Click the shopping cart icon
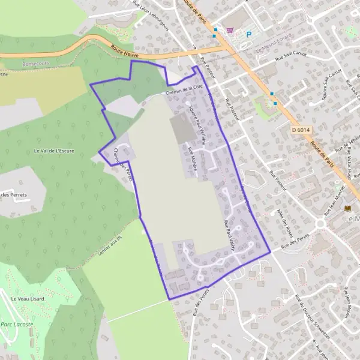coord(229,29)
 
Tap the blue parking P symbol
coord(249,35)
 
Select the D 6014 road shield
coord(301,129)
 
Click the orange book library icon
coord(347,208)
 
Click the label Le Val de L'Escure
coord(54,151)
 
